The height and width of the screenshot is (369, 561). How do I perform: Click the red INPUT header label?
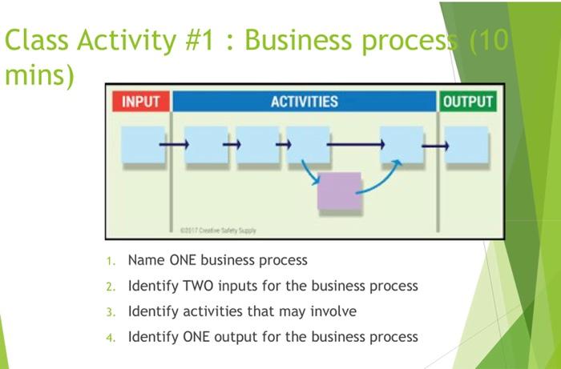pyautogui.click(x=141, y=102)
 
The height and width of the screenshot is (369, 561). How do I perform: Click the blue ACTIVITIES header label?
pyautogui.click(x=304, y=102)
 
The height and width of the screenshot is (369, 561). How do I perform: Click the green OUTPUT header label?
pyautogui.click(x=467, y=102)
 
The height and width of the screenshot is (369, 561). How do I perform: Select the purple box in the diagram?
pyautogui.click(x=339, y=191)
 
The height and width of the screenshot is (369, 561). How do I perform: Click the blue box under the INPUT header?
pyautogui.click(x=140, y=145)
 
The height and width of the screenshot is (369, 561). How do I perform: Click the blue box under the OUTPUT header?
pyautogui.click(x=467, y=145)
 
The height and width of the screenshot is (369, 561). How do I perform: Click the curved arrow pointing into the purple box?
pyautogui.click(x=309, y=171)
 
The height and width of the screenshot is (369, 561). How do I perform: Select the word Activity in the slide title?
pyautogui.click(x=132, y=40)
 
